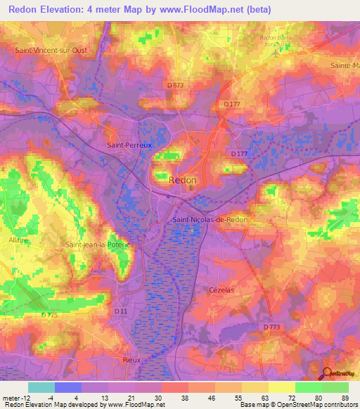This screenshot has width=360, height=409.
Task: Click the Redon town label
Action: tap(184, 181)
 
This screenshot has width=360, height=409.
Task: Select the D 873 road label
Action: tap(175, 85)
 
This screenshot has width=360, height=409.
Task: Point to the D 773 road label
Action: tap(272, 327)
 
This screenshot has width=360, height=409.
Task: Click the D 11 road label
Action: tap(122, 310)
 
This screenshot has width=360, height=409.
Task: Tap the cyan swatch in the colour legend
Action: tap(41, 387)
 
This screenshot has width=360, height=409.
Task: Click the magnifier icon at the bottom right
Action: tap(328, 373)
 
